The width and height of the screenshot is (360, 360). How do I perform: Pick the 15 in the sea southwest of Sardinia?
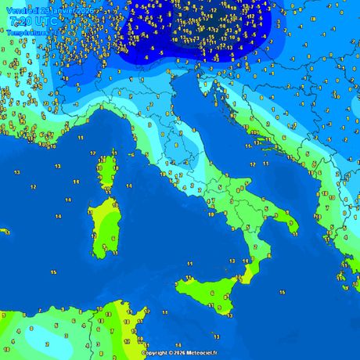tap(52, 271)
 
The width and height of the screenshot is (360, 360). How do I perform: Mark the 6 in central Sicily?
tap(212, 293)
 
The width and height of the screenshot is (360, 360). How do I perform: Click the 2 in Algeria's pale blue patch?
tap(47, 344)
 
